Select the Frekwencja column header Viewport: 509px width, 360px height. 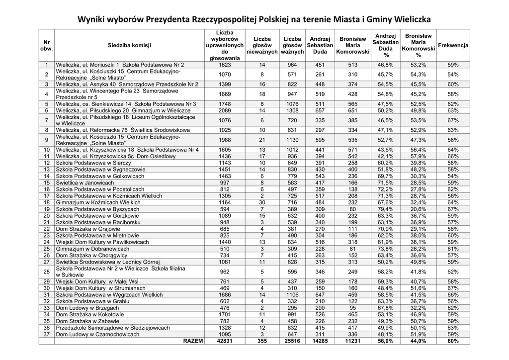pos(453,45)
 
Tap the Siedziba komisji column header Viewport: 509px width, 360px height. pos(129,45)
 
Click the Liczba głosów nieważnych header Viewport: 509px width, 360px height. pos(262,45)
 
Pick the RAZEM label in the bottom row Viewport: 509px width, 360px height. pos(193,341)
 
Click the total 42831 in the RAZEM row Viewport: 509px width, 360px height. pos(224,341)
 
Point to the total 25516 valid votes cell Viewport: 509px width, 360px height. pos(292,341)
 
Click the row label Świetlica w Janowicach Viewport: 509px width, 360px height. pos(85,183)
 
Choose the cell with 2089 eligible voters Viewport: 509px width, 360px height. pos(224,110)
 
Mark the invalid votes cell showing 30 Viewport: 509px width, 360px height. pos(262,202)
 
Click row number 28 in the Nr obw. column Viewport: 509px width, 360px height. pos(46,271)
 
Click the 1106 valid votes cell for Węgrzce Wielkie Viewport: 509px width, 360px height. pos(292,294)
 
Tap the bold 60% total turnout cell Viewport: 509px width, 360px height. pos(453,341)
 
